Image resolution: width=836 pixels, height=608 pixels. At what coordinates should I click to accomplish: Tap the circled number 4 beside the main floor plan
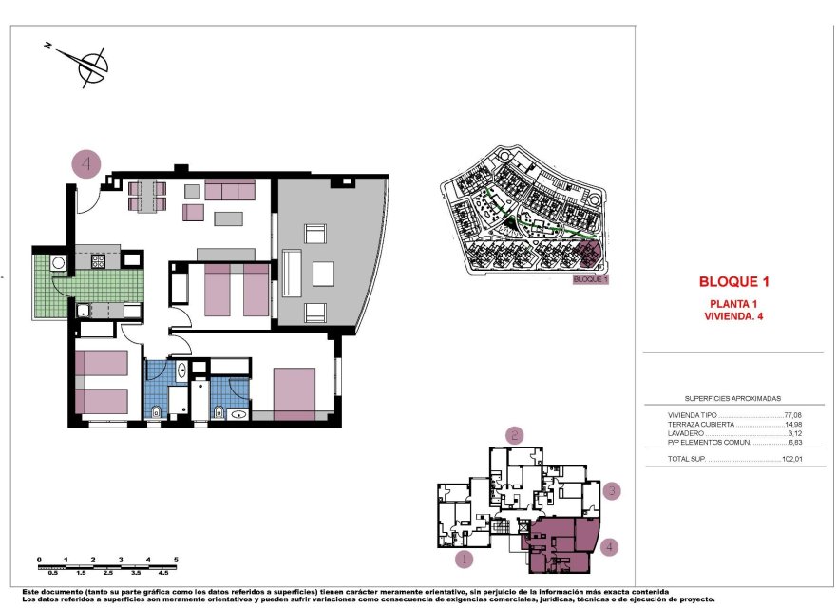point(86,163)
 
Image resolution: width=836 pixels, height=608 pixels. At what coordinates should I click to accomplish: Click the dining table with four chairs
point(147,195)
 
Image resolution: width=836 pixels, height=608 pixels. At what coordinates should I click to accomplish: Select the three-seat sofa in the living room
point(230,190)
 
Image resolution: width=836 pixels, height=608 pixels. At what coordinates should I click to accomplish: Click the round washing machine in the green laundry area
point(59,263)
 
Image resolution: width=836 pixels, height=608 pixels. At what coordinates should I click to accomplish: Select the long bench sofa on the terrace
point(292,273)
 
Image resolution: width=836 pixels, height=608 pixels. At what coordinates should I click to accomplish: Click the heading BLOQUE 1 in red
point(732,282)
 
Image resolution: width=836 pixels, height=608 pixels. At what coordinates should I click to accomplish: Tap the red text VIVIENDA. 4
point(733,315)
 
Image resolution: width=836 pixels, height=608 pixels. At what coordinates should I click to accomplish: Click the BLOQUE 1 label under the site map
point(589,280)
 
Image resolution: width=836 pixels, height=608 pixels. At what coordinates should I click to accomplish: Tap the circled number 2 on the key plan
point(514,435)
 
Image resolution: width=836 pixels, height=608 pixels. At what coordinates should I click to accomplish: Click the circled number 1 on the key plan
point(464,559)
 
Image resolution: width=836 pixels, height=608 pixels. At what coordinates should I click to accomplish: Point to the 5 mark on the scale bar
point(177,560)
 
